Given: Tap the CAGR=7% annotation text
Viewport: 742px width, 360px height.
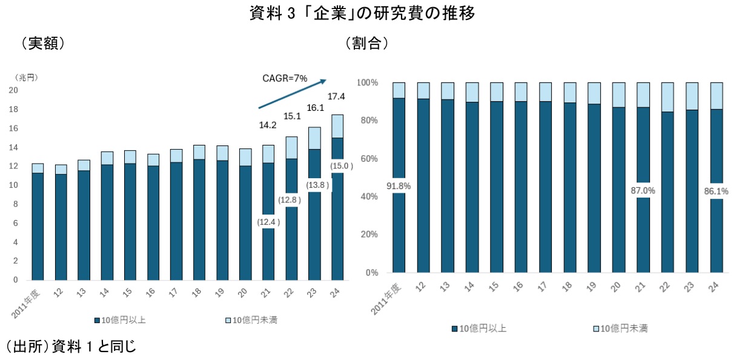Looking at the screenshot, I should (x=285, y=78).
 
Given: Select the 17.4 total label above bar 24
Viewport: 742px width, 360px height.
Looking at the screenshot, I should (x=336, y=96).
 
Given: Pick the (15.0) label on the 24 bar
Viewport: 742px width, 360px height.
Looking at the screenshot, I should (x=337, y=165).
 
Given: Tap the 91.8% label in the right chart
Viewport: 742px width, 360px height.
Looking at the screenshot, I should (x=399, y=187).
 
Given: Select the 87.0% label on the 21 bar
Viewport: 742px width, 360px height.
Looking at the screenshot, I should (x=643, y=190).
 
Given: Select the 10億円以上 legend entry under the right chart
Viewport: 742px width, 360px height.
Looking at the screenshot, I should (x=479, y=328).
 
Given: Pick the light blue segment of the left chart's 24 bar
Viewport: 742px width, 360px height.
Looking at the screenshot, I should (x=337, y=126).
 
